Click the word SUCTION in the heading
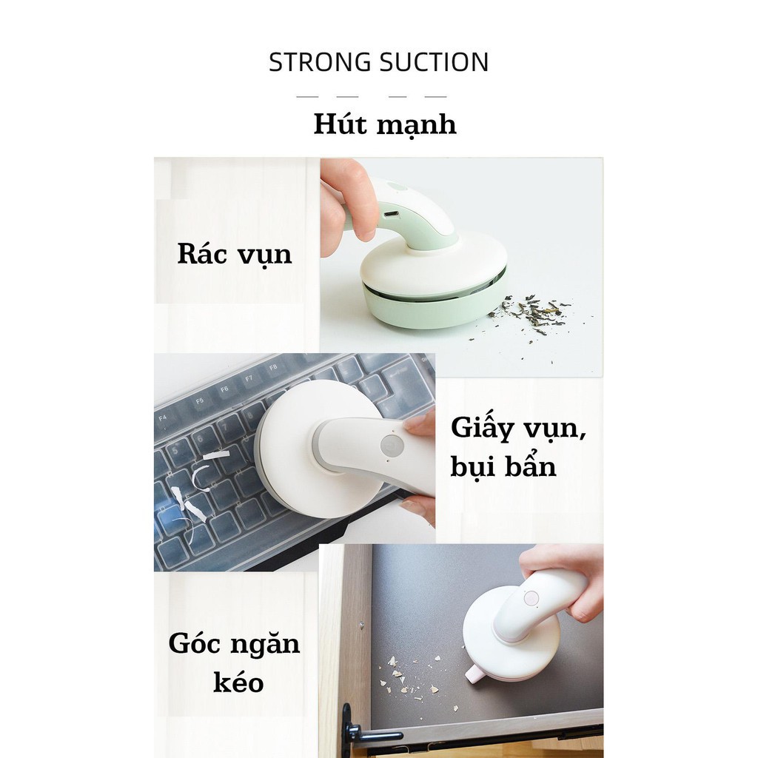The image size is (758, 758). point(434,63)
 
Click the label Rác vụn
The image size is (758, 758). point(235,255)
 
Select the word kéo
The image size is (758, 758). point(238,682)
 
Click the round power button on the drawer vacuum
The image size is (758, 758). point(530,597)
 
